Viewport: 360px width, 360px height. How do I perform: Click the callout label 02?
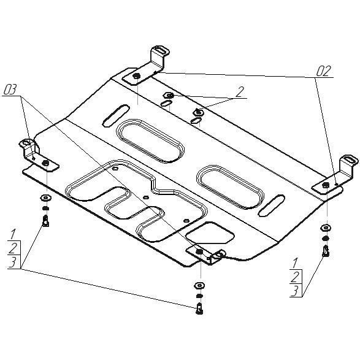pyautogui.click(x=323, y=71)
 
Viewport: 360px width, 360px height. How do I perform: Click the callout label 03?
pyautogui.click(x=10, y=90)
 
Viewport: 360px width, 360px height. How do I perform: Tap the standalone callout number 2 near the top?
pyautogui.click(x=239, y=92)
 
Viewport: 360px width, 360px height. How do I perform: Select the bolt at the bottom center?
pyautogui.click(x=199, y=308)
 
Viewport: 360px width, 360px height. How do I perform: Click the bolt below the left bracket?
pyautogui.click(x=46, y=221)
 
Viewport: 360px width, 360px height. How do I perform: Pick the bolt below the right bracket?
pyautogui.click(x=326, y=251)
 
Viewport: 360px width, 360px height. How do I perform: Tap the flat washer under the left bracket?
pyautogui.click(x=45, y=197)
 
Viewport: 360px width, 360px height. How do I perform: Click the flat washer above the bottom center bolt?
pyautogui.click(x=199, y=286)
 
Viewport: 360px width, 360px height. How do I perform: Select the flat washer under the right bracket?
pyautogui.click(x=326, y=228)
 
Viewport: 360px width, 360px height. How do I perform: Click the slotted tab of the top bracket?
pyautogui.click(x=160, y=50)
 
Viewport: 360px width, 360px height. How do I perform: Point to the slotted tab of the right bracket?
pyautogui.click(x=349, y=159)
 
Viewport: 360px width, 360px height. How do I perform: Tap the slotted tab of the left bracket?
pyautogui.click(x=26, y=143)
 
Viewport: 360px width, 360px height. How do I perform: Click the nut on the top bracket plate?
pyautogui.click(x=137, y=76)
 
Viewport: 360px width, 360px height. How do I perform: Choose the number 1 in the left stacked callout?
pyautogui.click(x=13, y=234)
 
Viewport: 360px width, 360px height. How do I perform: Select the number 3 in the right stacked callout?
pyautogui.click(x=295, y=291)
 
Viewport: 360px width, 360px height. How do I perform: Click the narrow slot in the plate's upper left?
pyautogui.click(x=116, y=115)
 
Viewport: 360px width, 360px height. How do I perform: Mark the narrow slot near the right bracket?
pyautogui.click(x=272, y=205)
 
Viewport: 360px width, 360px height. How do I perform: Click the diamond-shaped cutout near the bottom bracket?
pyautogui.click(x=210, y=232)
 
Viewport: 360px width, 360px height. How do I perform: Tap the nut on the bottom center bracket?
pyautogui.click(x=199, y=251)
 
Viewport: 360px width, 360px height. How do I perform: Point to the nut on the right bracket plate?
pyautogui.click(x=325, y=185)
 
